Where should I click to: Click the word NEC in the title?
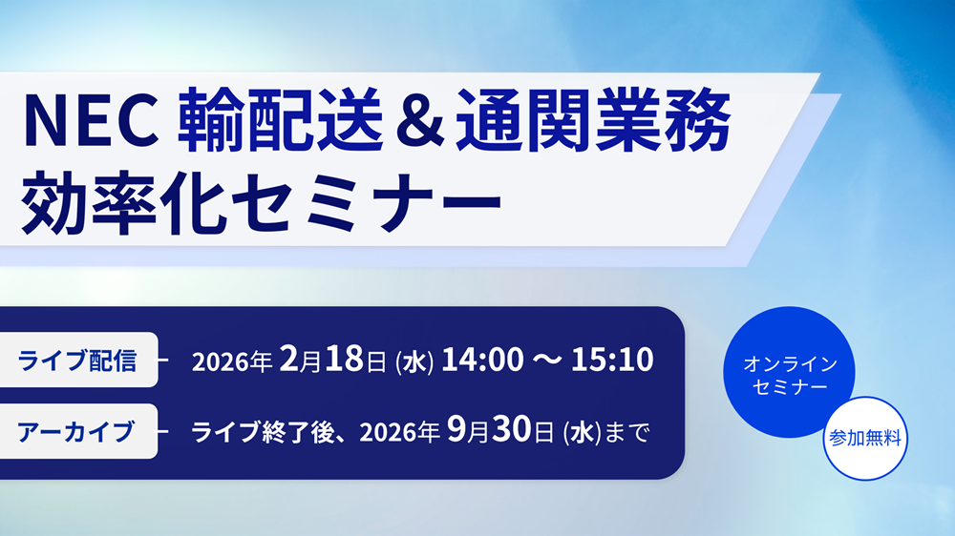tap(90, 120)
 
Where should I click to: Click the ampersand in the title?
tap(419, 119)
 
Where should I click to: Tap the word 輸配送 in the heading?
tap(280, 119)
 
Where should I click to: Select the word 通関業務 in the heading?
tap(593, 119)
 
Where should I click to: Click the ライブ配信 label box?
tap(77, 360)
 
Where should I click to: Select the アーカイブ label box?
tap(77, 431)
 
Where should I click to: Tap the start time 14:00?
tap(482, 359)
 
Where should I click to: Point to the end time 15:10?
tap(612, 359)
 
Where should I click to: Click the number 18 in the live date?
tap(344, 359)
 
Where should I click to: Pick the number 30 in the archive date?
tap(512, 430)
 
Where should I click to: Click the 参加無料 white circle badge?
tap(865, 438)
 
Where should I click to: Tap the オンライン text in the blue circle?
tap(790, 363)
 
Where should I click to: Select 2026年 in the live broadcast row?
tap(231, 361)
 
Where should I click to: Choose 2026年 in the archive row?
tap(399, 433)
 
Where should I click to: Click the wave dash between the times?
tap(547, 360)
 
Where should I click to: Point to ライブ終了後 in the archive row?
tap(264, 433)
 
